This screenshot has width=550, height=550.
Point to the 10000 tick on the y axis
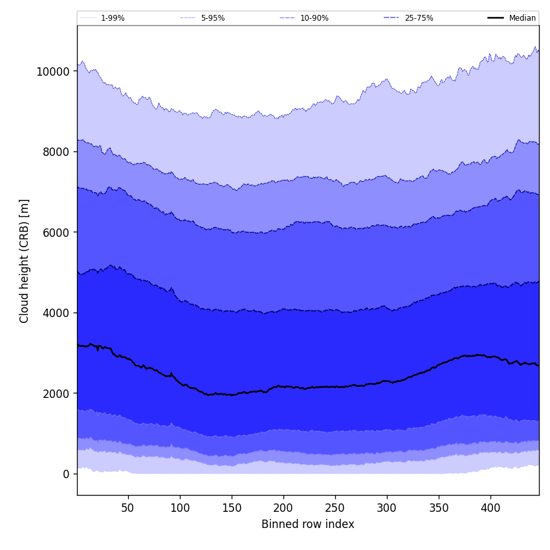click(x=53, y=71)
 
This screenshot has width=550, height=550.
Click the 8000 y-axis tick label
click(x=56, y=152)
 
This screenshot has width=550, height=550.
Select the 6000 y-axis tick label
click(x=56, y=232)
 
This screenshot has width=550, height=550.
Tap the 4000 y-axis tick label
click(x=56, y=313)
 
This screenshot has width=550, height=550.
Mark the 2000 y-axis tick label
click(x=56, y=393)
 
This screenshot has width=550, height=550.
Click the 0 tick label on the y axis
click(x=66, y=474)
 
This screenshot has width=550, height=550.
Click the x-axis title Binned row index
click(x=308, y=524)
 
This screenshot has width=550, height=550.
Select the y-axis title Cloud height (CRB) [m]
click(x=25, y=261)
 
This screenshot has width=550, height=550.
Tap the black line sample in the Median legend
click(x=496, y=18)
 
